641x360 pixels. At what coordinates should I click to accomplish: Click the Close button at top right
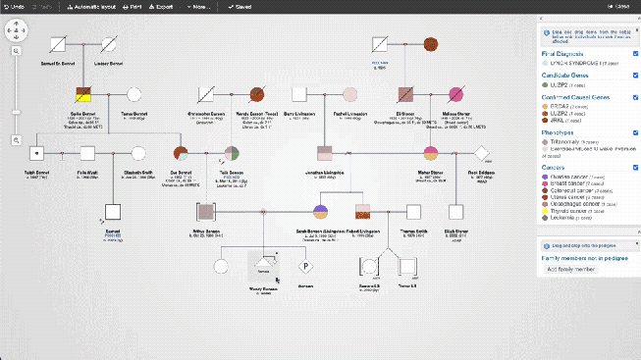pyautogui.click(x=622, y=6)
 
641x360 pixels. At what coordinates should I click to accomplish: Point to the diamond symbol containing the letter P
pyautogui.click(x=305, y=266)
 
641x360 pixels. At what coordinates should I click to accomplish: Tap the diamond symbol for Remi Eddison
pyautogui.click(x=481, y=153)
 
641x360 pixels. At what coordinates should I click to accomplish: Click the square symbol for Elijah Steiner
pyautogui.click(x=456, y=212)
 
